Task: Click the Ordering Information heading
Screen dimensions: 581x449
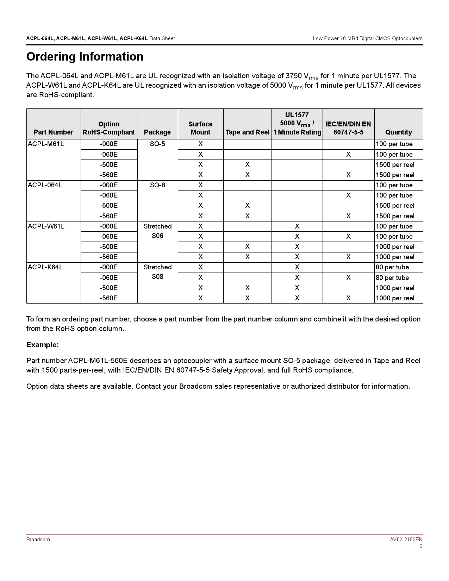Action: coord(85,57)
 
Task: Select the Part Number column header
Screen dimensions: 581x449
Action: coord(54,132)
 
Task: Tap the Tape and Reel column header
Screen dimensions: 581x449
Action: coord(247,132)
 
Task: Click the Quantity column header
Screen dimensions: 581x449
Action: coord(398,132)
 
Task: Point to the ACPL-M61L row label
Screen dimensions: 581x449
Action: coord(46,144)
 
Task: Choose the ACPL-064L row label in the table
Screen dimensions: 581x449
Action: coord(45,185)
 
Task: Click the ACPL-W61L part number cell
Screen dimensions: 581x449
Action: coord(46,226)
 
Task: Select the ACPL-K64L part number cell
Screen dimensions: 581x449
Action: coord(45,267)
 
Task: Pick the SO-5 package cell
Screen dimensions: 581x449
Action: coord(157,144)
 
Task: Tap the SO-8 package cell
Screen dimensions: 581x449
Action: coord(157,185)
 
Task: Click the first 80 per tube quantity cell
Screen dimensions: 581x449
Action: coord(392,267)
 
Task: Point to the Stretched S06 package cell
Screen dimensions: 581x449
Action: coord(157,231)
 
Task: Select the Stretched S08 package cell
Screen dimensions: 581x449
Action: coord(157,272)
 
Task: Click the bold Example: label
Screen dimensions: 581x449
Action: coord(43,345)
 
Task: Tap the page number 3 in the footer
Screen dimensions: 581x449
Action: coord(421,546)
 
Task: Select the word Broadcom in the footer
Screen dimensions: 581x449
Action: coord(38,539)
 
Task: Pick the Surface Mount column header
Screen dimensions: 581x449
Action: coord(200,128)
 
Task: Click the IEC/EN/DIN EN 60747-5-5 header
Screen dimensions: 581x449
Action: coord(348,128)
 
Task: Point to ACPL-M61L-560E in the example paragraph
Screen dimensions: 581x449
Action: coord(98,361)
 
